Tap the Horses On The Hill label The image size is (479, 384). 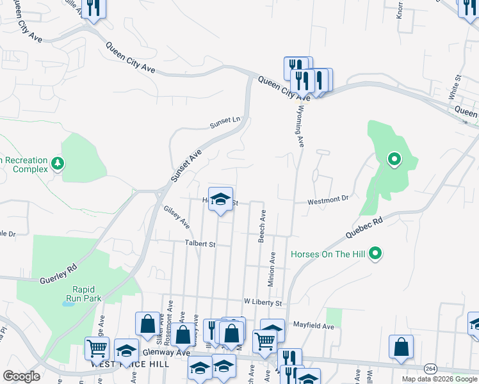328,254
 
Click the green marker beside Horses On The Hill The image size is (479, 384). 376,254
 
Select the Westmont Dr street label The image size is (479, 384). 328,200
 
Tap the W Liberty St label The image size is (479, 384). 263,301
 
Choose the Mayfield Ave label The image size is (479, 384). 314,326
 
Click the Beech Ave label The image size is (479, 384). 262,227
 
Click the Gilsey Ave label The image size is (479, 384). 176,217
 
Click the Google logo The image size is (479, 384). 22,376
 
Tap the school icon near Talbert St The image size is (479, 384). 220,200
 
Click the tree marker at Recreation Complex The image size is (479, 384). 58,164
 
